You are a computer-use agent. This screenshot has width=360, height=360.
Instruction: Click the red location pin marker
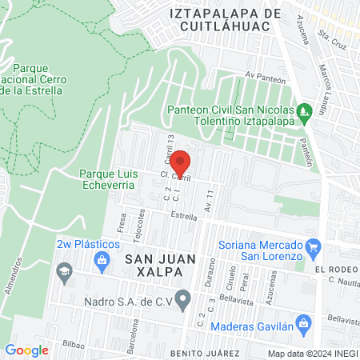(x=181, y=163)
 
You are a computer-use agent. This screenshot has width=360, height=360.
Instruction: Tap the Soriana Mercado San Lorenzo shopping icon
(x=314, y=246)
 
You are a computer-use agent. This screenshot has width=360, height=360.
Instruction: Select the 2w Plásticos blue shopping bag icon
(x=102, y=259)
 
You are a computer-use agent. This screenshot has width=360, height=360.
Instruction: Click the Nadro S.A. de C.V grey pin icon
(x=183, y=301)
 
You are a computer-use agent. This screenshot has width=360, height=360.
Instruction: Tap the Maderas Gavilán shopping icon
(x=303, y=324)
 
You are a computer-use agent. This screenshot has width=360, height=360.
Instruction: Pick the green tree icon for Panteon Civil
(x=302, y=110)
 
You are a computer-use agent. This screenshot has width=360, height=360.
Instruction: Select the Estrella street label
(x=185, y=216)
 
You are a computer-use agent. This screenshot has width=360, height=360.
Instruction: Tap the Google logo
(x=26, y=350)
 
